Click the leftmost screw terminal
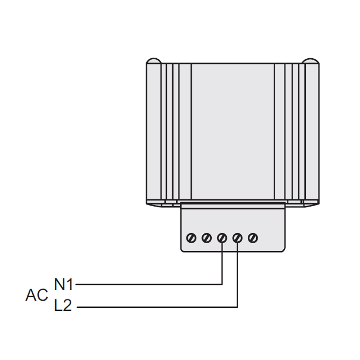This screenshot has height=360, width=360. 192,238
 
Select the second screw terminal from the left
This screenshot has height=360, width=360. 207,238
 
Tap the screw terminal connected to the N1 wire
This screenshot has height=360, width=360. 222,238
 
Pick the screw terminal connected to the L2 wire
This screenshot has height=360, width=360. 238,238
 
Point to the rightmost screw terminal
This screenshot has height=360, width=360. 253,238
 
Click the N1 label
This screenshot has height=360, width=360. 64,284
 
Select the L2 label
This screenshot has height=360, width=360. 63,306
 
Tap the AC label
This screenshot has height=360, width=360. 37,296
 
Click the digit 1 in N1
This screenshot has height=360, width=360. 69,284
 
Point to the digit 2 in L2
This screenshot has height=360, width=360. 67,306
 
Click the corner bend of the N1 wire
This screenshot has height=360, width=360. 222,284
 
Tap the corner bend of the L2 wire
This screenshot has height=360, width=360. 238,307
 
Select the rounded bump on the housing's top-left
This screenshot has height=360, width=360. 153,60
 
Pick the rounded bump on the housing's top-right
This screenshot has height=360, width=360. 310,60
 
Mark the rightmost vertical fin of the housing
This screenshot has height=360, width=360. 312,133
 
